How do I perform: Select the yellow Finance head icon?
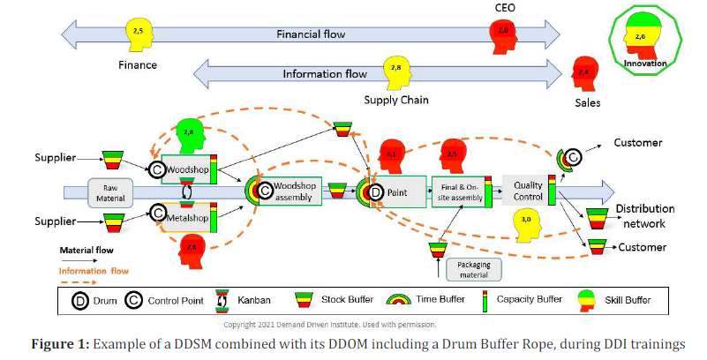pyautogui.click(x=138, y=34)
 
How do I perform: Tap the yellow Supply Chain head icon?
pyautogui.click(x=398, y=71)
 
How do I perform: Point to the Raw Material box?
pyautogui.click(x=109, y=191)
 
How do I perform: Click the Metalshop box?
pyautogui.click(x=187, y=215)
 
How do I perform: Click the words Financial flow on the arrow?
pyautogui.click(x=311, y=34)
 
